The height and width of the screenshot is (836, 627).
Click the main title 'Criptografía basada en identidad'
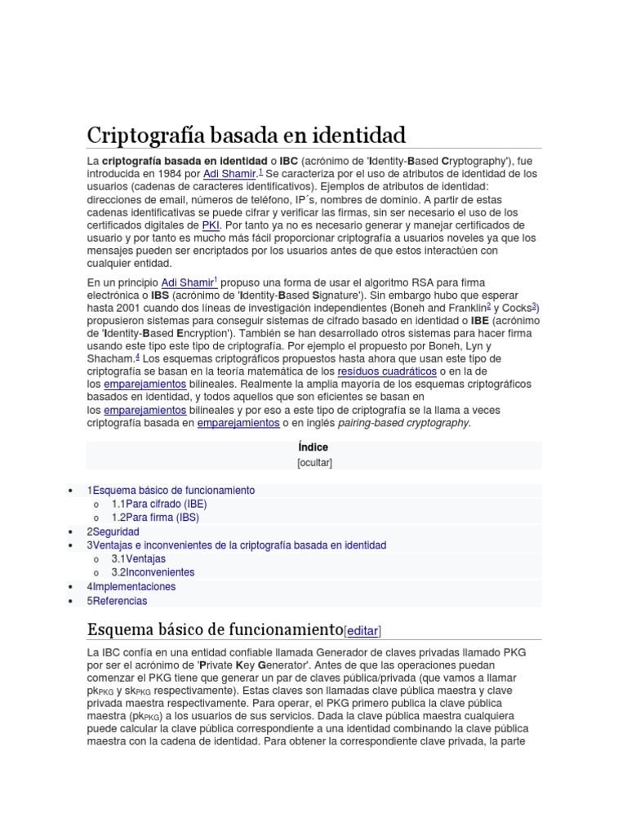[246, 134]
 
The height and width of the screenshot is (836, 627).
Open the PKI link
[211, 225]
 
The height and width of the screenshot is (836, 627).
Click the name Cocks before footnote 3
[516, 308]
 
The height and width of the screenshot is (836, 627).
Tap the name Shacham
[109, 358]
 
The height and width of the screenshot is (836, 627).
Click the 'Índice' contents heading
[313, 447]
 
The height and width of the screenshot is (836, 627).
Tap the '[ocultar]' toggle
[314, 462]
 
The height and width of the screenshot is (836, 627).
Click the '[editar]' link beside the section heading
[363, 630]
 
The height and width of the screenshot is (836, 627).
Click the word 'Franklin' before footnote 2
[466, 308]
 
